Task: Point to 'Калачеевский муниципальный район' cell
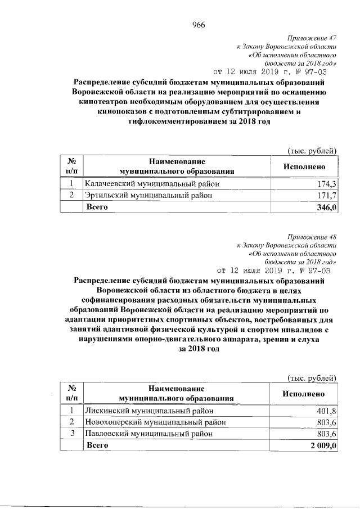tap(152, 184)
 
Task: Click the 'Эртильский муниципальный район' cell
tap(148, 195)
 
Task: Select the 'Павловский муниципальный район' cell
tap(148, 434)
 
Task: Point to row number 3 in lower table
tap(71, 434)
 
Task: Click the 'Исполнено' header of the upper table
tap(304, 166)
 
